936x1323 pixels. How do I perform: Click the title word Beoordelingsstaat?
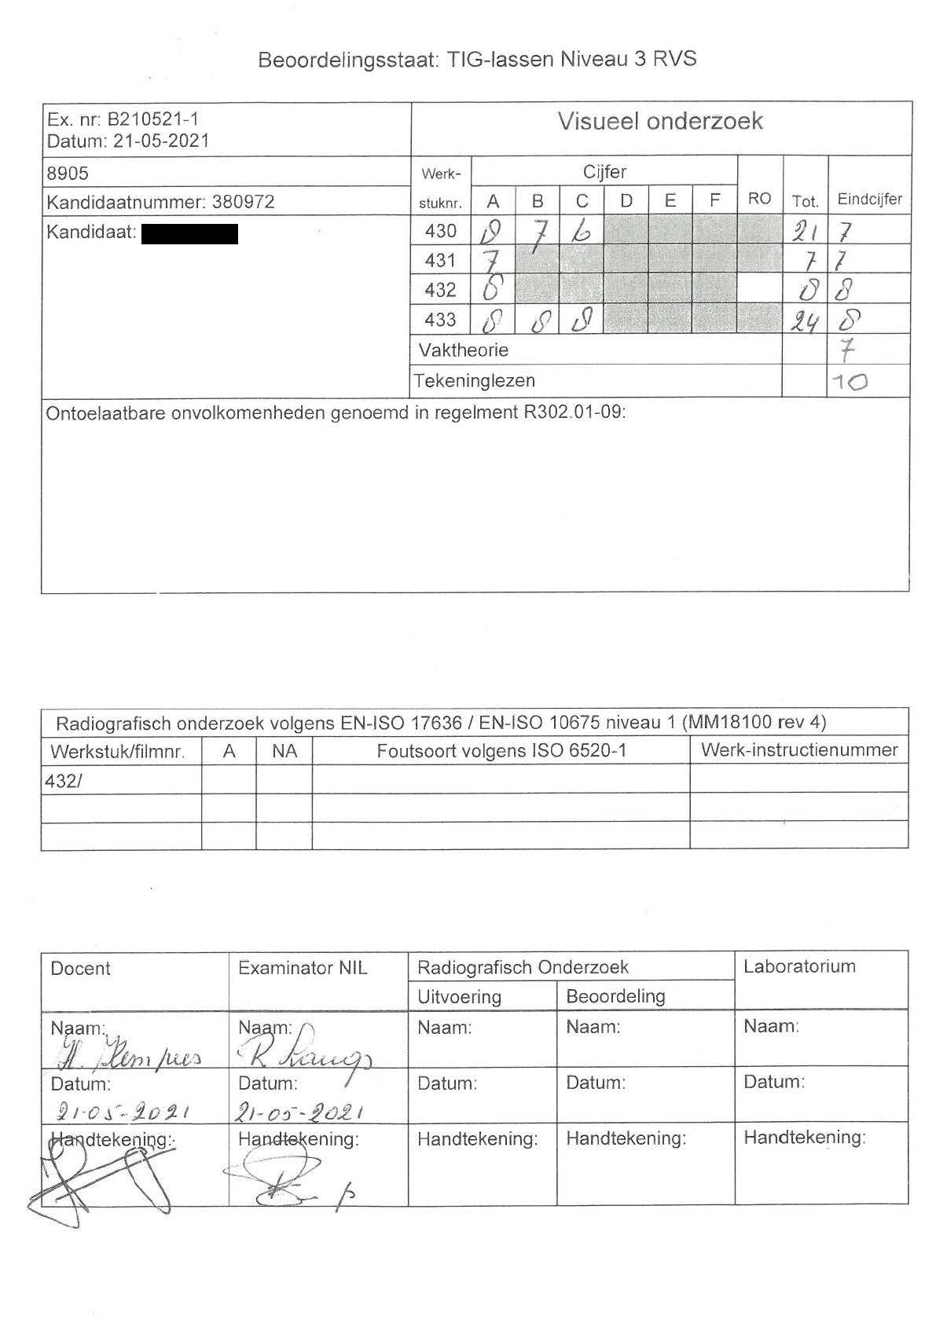click(346, 60)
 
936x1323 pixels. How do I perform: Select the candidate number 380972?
click(243, 202)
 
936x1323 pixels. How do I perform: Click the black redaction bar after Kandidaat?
click(189, 233)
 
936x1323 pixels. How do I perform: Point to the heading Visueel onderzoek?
click(660, 121)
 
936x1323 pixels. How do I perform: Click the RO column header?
click(759, 199)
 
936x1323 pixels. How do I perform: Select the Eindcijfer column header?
click(869, 199)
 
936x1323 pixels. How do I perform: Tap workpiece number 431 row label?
click(440, 260)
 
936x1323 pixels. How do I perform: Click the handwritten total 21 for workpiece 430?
click(804, 232)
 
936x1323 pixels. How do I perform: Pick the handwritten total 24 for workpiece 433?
click(804, 321)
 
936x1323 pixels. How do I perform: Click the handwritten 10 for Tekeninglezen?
click(849, 383)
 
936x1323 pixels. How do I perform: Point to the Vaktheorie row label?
click(463, 350)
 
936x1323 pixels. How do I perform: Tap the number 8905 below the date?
click(69, 173)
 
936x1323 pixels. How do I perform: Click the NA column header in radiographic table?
click(284, 751)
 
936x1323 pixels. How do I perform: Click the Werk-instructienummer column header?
click(798, 749)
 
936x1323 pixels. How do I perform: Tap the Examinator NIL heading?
click(303, 968)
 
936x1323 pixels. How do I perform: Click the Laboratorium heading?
click(799, 966)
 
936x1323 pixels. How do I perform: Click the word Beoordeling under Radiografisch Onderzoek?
click(615, 996)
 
